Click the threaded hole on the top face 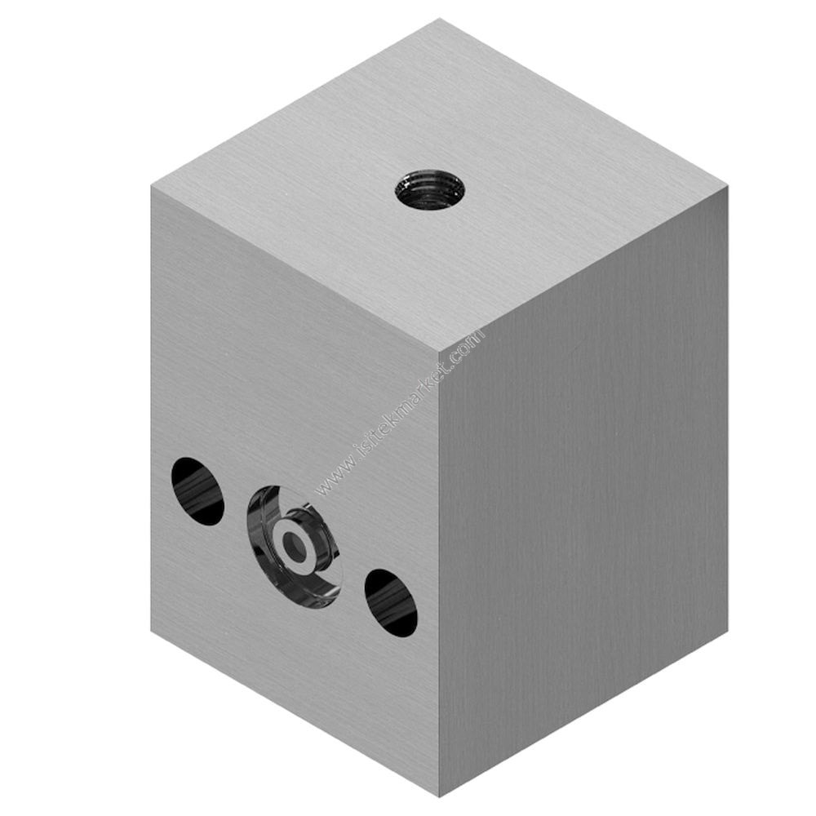(x=426, y=189)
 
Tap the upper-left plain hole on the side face (x=197, y=490)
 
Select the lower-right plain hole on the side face (x=391, y=602)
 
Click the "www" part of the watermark (x=330, y=481)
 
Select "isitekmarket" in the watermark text (x=400, y=412)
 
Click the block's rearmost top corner (x=441, y=19)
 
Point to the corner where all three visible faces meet (x=439, y=353)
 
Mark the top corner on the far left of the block (x=152, y=186)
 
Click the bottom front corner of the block (x=439, y=796)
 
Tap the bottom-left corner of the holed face (x=152, y=630)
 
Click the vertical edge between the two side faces (x=439, y=571)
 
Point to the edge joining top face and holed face (x=294, y=269)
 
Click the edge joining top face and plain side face (x=583, y=269)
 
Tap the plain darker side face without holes (x=583, y=490)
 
